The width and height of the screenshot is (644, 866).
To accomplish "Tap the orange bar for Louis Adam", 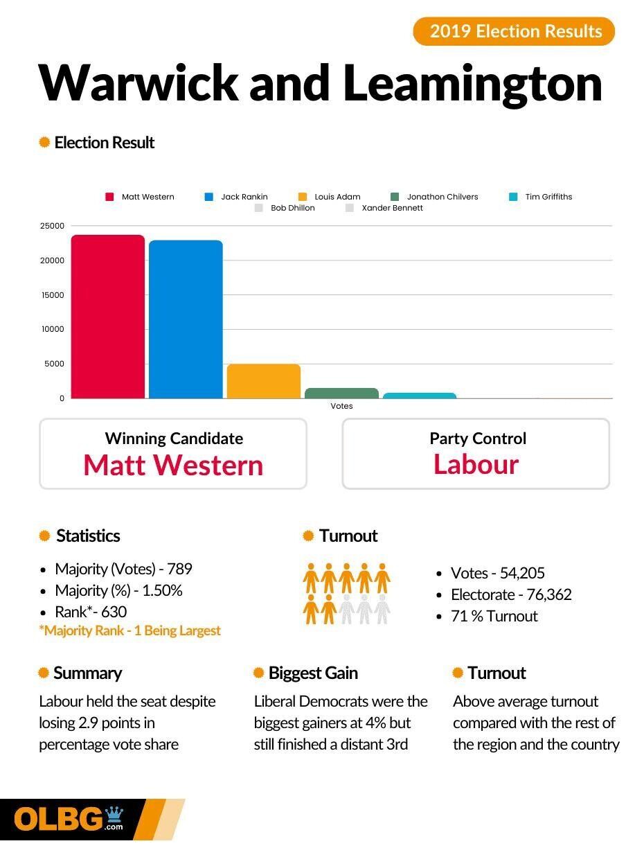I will click(264, 381).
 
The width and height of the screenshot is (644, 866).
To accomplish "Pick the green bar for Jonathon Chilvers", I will click(341, 394).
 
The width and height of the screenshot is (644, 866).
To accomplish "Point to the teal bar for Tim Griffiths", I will click(420, 396).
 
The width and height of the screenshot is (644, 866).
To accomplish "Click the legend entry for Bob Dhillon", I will click(285, 208).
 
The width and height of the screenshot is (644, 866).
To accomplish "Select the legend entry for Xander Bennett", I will click(385, 208).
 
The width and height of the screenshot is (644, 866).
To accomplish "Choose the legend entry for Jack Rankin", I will click(237, 197).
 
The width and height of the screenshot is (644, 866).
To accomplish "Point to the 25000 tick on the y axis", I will click(52, 226).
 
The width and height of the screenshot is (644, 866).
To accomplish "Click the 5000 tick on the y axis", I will click(54, 364).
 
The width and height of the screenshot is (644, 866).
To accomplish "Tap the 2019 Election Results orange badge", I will click(514, 31).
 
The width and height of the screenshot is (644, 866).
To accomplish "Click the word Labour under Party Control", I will click(476, 464).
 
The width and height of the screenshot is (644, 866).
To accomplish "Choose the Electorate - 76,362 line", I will click(511, 594).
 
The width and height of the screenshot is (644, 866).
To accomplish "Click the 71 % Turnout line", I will click(494, 616).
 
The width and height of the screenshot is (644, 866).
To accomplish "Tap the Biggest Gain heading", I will click(312, 673).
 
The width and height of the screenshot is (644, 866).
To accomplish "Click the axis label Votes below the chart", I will click(341, 406).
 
